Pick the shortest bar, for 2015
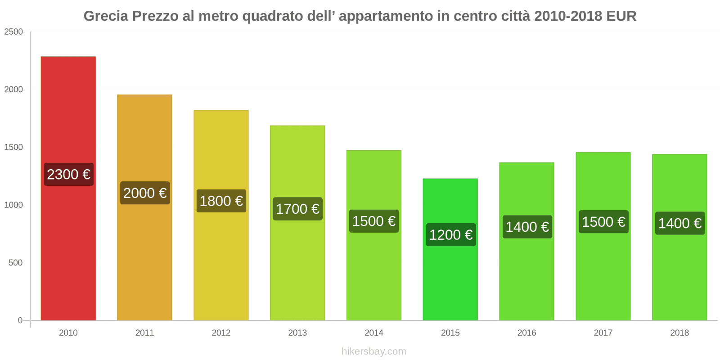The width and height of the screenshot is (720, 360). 450,279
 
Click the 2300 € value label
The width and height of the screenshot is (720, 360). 68,174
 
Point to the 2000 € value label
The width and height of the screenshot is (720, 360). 145,193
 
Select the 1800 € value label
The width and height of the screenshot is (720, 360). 221,201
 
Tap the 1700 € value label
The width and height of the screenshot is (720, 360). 297,209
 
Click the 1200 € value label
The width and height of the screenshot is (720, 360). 450,234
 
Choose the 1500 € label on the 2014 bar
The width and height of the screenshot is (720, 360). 374,221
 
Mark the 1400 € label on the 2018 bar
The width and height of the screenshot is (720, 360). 679,223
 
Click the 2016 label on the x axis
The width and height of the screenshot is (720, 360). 526,333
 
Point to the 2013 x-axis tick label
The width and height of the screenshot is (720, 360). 297,333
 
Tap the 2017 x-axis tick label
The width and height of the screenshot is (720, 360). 603,333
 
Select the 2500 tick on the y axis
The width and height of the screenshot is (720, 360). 13,32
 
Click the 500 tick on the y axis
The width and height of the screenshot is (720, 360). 15,263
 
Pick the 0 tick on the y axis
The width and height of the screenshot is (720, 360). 20,320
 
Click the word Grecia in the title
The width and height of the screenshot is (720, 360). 106,16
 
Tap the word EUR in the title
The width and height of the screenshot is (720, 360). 621,16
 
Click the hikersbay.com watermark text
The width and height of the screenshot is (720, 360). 373,351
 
